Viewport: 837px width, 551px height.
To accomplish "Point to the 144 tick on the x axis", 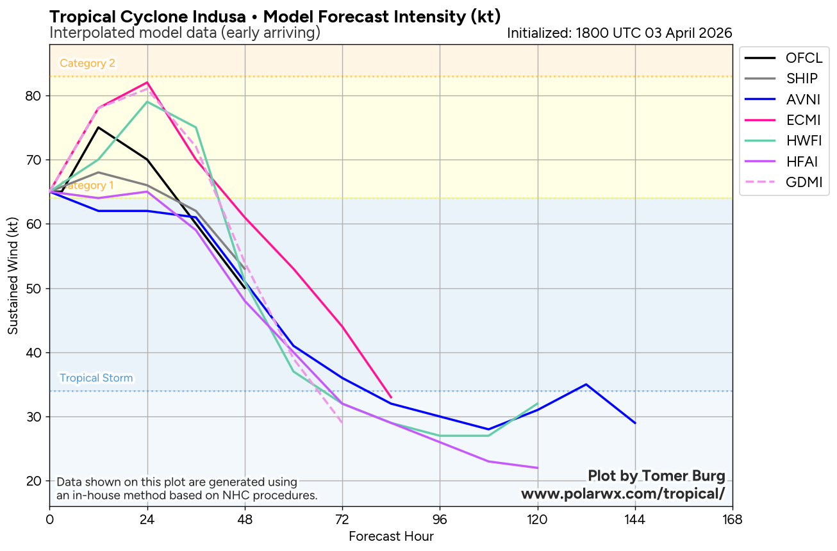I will click(634, 519).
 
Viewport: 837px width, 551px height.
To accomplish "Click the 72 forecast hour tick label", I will click(342, 519).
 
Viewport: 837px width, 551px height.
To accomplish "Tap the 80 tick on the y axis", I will click(33, 96).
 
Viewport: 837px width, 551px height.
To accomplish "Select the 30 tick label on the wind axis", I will click(33, 417).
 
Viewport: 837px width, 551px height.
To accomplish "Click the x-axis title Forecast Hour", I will click(391, 536).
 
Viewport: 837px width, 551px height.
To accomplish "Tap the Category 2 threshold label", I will click(87, 63).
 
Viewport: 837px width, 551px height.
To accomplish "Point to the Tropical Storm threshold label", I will click(96, 378).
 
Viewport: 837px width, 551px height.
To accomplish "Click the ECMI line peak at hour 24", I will click(147, 83).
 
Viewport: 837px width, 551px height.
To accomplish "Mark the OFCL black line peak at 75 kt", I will click(98, 127).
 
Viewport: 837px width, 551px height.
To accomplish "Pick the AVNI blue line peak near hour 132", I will click(586, 384).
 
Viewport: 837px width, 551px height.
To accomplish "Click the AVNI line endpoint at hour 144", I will click(634, 423).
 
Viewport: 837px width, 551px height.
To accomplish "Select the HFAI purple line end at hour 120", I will click(537, 468).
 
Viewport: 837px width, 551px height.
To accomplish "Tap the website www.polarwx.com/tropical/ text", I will click(623, 494).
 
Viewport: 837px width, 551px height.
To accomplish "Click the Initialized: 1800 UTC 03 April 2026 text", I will click(619, 33).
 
